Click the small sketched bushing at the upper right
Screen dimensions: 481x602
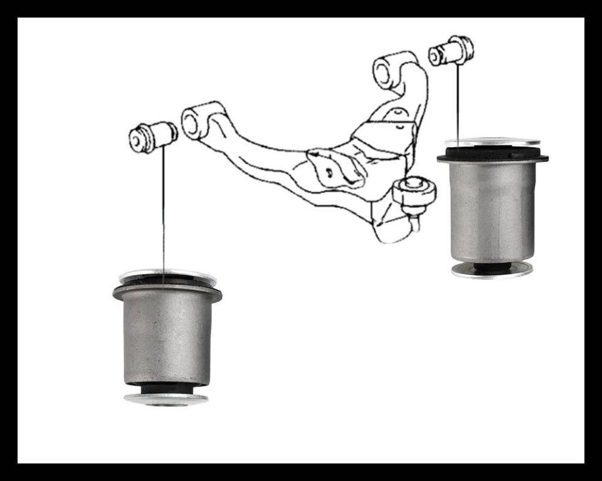pyautogui.click(x=451, y=51)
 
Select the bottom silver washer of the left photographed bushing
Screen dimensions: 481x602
pyautogui.click(x=166, y=399)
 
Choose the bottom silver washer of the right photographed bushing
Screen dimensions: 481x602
pyautogui.click(x=492, y=271)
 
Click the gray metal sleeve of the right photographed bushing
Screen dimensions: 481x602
pyautogui.click(x=492, y=210)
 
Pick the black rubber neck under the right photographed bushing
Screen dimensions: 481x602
pyautogui.click(x=492, y=266)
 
